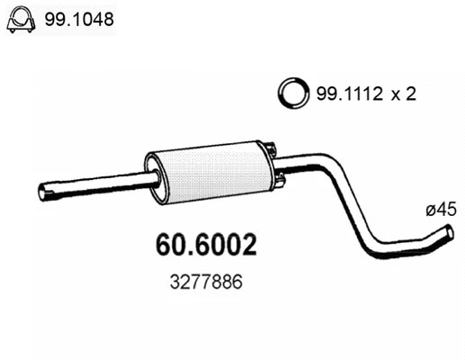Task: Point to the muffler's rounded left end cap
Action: [154, 175]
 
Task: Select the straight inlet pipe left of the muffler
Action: [99, 186]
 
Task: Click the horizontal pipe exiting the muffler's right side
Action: [297, 166]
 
